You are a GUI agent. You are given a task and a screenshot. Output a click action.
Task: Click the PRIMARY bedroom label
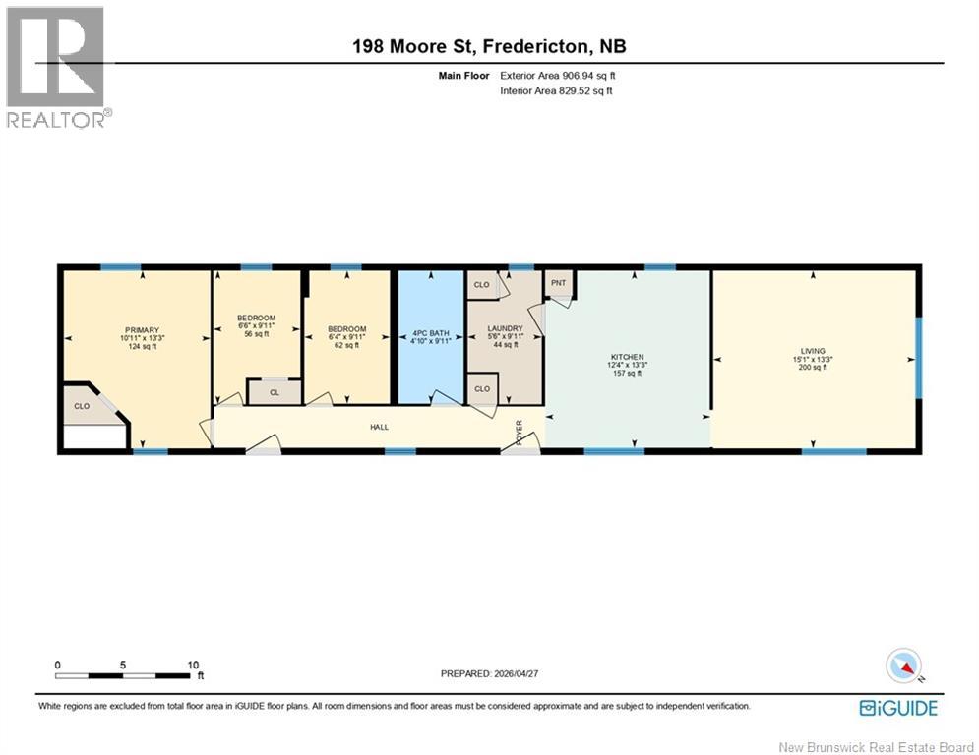pos(143,330)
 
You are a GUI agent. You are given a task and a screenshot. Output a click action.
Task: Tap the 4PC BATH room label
pos(431,334)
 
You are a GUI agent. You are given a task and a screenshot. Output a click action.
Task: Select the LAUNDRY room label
pos(505,328)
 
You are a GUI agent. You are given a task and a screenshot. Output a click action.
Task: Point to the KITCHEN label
pos(627,357)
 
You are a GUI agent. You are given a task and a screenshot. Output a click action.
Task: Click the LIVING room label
pos(813,351)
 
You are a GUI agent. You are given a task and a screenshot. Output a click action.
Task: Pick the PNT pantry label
pos(558,283)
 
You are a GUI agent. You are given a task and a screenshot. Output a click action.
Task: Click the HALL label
pos(379,428)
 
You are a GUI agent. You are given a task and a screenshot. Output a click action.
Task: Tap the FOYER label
pos(519,433)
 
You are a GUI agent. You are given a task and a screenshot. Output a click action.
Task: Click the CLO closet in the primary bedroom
pos(82,406)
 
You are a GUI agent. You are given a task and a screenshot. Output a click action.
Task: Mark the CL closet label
pos(275,392)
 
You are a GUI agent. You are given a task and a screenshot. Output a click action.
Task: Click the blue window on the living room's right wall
pos(918,358)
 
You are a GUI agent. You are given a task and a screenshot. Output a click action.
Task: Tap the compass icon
pos(903,666)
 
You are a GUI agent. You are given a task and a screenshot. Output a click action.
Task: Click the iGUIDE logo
pos(898,708)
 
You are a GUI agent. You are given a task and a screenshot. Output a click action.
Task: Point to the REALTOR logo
pos(56,67)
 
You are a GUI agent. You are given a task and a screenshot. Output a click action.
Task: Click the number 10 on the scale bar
pos(193,666)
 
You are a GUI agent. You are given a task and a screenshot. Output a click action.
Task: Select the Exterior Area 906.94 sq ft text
pos(558,76)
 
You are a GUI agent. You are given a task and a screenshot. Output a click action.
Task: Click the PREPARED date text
pos(490,673)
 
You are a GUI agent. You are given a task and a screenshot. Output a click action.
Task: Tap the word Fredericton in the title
pos(535,47)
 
